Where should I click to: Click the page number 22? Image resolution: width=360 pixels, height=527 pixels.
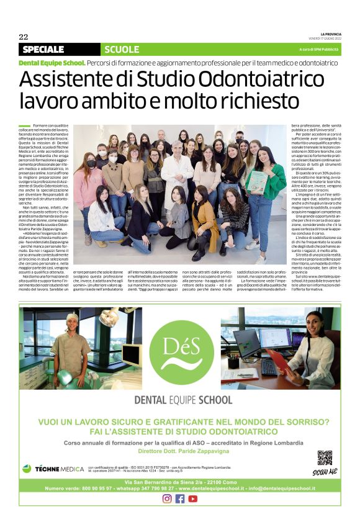[x=24, y=37]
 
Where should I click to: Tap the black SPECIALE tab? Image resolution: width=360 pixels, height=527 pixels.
[x=43, y=49]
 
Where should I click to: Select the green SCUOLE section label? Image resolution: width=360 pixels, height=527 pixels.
[x=122, y=49]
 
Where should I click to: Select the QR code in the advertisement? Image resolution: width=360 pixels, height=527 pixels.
[x=325, y=459]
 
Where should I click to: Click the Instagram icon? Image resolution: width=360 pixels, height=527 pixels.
[x=167, y=498]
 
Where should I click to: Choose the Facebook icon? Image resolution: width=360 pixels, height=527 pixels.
[x=180, y=498]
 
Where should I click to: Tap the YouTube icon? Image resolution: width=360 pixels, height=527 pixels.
[x=193, y=498]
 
